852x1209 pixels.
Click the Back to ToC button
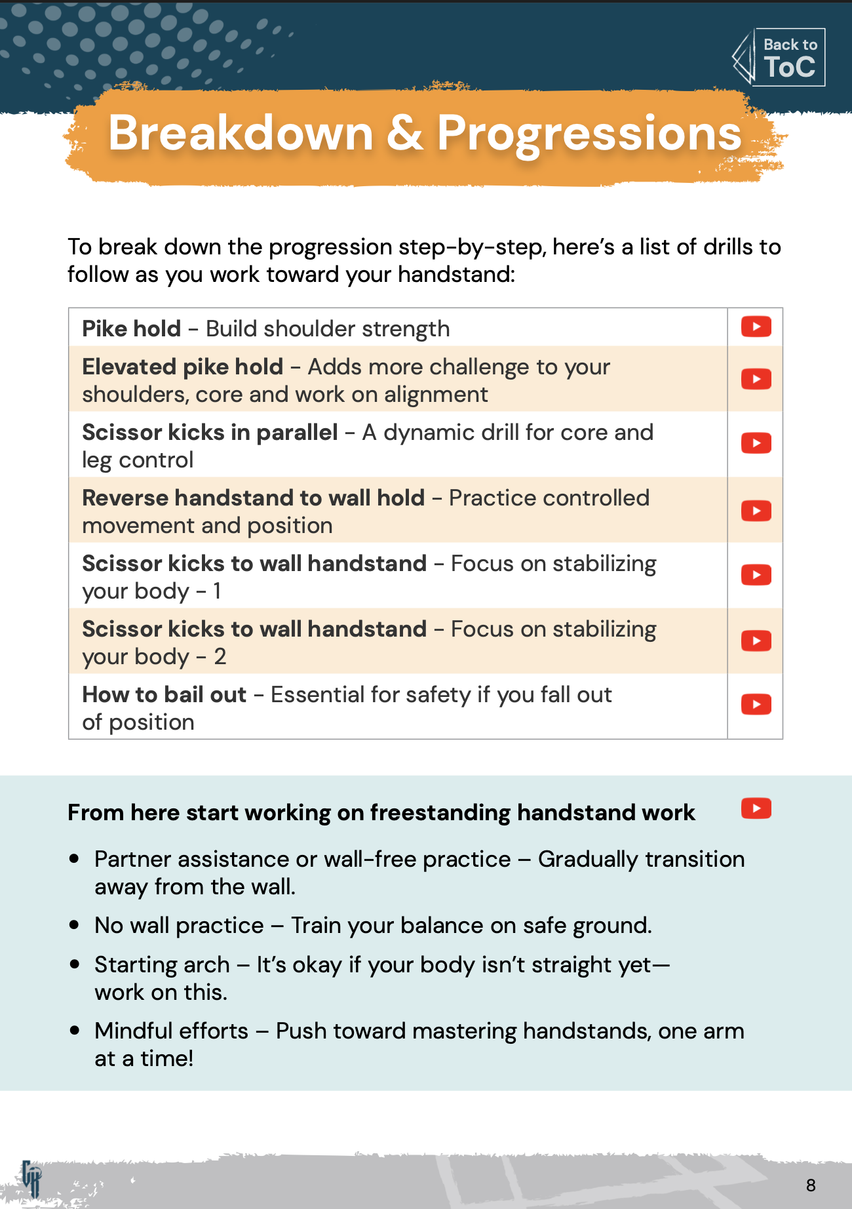point(779,58)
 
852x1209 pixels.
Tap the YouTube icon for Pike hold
point(756,327)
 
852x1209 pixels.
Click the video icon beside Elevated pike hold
point(756,379)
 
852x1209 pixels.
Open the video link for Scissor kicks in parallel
point(756,443)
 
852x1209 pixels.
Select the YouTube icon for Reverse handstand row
point(756,511)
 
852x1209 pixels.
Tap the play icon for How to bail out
point(756,705)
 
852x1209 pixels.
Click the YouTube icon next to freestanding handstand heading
point(756,808)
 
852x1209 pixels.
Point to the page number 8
point(811,1185)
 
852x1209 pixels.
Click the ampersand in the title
point(404,133)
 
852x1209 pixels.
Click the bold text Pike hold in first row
point(131,328)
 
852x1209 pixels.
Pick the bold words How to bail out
point(164,694)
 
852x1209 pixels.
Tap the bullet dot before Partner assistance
point(75,859)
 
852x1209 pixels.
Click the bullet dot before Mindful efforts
point(75,1031)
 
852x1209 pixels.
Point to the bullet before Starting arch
point(75,964)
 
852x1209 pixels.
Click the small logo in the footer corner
point(31,1178)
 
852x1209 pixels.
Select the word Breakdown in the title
point(241,133)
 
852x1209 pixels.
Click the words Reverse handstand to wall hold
point(253,498)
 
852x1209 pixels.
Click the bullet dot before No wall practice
point(75,925)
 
